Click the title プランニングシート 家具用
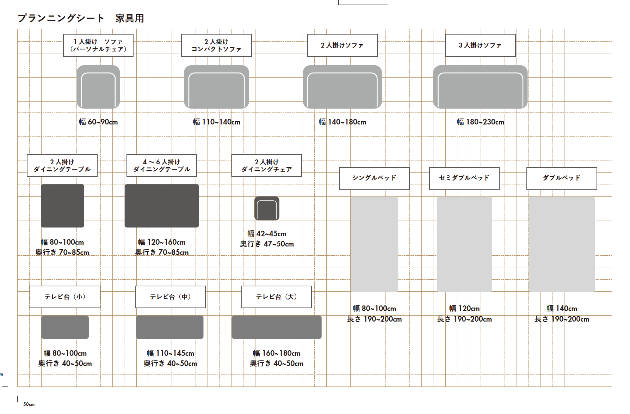pyautogui.click(x=81, y=18)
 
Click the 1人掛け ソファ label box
pyautogui.click(x=98, y=45)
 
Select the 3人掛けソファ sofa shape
pyautogui.click(x=480, y=87)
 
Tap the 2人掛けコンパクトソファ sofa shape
pyautogui.click(x=216, y=87)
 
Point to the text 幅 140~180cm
pyautogui.click(x=342, y=122)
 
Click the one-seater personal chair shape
pyautogui.click(x=98, y=87)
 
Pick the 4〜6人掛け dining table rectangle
pyautogui.click(x=162, y=206)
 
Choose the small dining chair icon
pyautogui.click(x=267, y=208)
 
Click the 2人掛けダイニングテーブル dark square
pyautogui.click(x=62, y=206)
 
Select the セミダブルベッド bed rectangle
pyautogui.click(x=464, y=244)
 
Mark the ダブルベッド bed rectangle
pyautogui.click(x=562, y=244)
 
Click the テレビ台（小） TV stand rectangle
pyautogui.click(x=65, y=327)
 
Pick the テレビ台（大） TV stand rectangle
pyautogui.click(x=277, y=327)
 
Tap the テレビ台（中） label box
pyautogui.click(x=170, y=297)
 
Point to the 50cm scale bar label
pyautogui.click(x=29, y=404)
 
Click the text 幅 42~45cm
pyautogui.click(x=267, y=234)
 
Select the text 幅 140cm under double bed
pyautogui.click(x=562, y=309)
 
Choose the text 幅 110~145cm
pyautogui.click(x=170, y=353)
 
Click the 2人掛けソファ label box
pyautogui.click(x=342, y=45)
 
